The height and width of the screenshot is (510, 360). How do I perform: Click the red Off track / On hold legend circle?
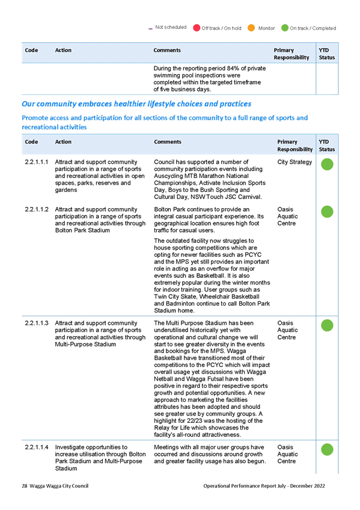tap(197, 28)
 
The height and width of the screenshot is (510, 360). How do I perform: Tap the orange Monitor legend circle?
tap(251, 28)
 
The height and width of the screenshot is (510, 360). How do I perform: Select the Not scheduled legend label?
tap(171, 27)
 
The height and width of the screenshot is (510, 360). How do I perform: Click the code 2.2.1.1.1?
tap(37, 162)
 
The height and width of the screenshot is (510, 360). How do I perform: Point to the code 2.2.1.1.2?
tap(37, 209)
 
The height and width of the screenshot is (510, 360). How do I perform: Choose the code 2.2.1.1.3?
tap(37, 323)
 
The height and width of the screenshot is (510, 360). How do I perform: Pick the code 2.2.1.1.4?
tap(37, 447)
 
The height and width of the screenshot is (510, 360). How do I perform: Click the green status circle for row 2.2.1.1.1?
tap(327, 164)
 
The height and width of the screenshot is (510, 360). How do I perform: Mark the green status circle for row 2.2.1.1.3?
tap(327, 325)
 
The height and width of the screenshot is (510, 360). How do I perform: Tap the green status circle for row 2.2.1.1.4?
tap(327, 449)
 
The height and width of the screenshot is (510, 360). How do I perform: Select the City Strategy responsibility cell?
tap(294, 162)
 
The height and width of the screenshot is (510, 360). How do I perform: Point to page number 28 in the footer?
tap(25, 486)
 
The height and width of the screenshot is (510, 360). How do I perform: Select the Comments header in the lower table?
tap(168, 142)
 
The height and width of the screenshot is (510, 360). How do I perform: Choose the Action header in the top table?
tap(63, 50)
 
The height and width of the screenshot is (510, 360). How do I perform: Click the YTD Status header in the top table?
tap(326, 54)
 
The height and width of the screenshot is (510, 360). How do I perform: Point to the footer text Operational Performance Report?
tap(244, 486)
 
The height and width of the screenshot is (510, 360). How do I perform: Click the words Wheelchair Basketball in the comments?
tap(230, 296)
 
